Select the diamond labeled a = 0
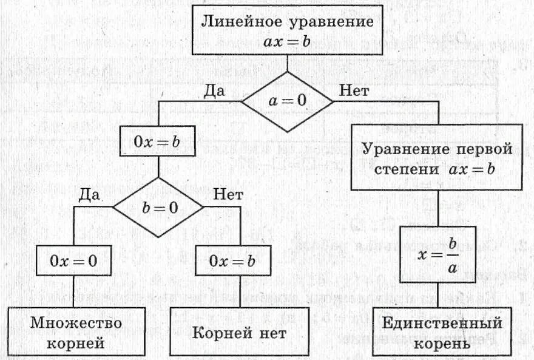click(x=287, y=101)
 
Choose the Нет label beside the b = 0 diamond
click(x=228, y=195)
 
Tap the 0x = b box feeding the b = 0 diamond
click(x=158, y=142)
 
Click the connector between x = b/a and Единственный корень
click(x=438, y=295)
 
